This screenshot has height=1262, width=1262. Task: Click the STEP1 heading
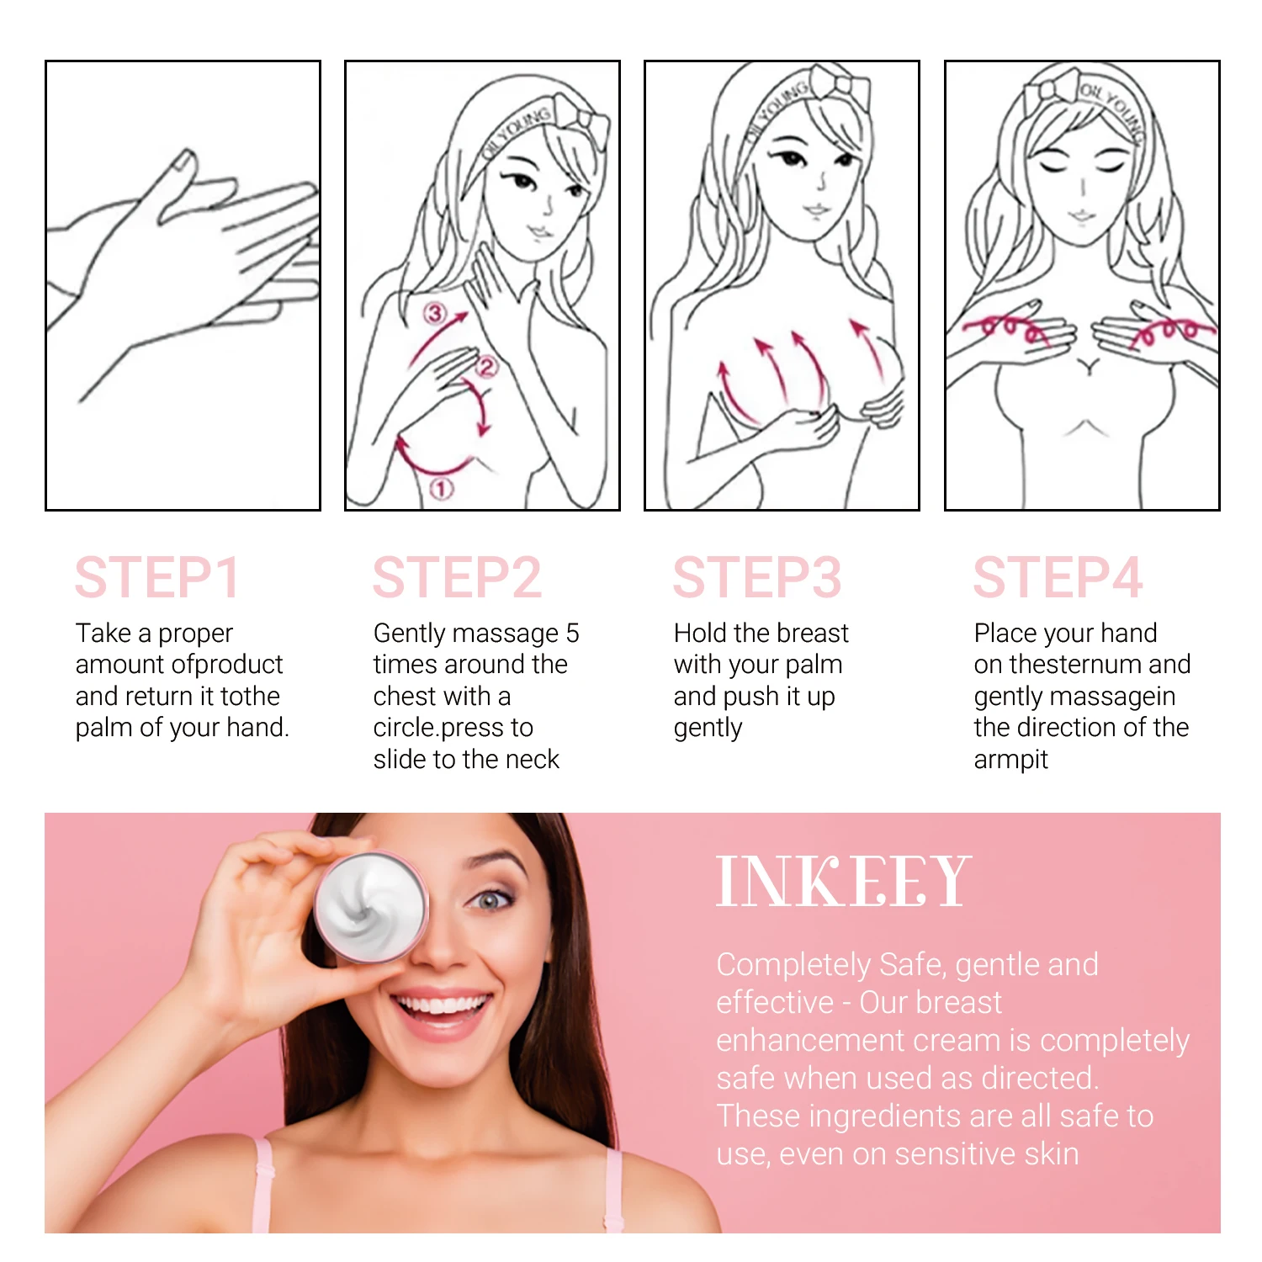point(157,578)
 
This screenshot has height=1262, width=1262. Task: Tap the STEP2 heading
point(457,578)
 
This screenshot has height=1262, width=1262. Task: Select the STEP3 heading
point(756,578)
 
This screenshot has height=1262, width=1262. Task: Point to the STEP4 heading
point(1058,578)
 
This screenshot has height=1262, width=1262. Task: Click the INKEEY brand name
point(843,882)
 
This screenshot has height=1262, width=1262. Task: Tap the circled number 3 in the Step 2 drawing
point(434,314)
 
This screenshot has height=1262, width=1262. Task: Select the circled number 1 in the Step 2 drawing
point(442,488)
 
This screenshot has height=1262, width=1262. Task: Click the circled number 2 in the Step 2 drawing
point(486,366)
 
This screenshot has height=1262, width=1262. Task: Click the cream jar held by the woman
point(370,907)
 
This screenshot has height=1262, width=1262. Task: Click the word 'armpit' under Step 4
point(1010,760)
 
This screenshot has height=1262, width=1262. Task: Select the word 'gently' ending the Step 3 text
point(708,728)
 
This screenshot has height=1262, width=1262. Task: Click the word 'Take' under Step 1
point(103,633)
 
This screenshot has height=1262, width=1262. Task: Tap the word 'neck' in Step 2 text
point(533,760)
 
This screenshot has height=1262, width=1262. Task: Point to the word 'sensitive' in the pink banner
point(954,1154)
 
